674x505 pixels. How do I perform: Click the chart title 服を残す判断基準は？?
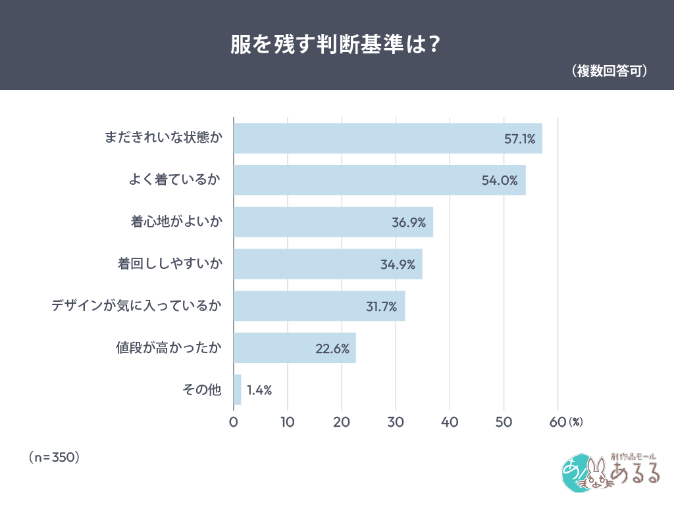(336, 44)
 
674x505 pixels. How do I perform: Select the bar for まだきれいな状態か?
(388, 138)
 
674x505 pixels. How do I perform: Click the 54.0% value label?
(500, 180)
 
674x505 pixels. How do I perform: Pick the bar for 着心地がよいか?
(333, 222)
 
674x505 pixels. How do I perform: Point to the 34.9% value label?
(398, 264)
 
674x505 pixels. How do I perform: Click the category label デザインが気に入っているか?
(137, 306)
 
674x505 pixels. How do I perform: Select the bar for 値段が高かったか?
(295, 348)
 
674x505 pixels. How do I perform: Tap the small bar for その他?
(238, 390)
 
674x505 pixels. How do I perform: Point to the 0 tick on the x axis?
(234, 423)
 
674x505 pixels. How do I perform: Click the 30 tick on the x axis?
(396, 423)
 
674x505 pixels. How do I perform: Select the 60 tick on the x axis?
(557, 423)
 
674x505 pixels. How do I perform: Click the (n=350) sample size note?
(54, 456)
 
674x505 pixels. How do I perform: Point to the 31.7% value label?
(382, 306)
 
